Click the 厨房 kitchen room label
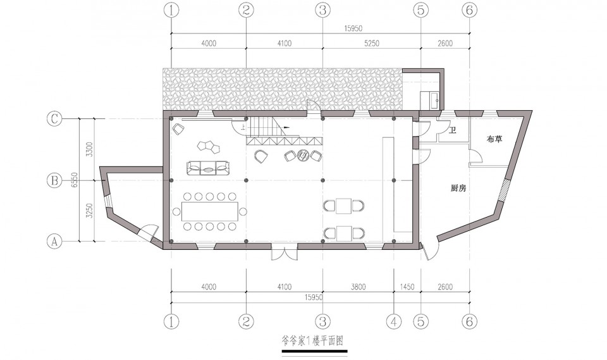458,189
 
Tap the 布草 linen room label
494,139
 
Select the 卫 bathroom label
452,130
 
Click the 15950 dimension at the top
353,28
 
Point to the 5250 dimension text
372,44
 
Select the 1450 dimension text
407,287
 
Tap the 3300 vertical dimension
89,149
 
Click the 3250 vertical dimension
89,211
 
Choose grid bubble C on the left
54,119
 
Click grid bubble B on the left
54,180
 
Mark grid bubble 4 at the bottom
394,321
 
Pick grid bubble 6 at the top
470,10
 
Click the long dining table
209,211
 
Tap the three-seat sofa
208,168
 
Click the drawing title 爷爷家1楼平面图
312,341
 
